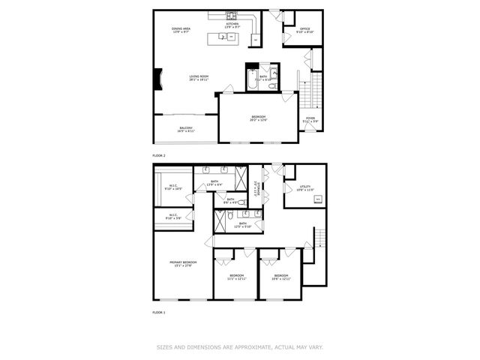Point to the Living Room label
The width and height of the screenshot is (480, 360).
[199, 77]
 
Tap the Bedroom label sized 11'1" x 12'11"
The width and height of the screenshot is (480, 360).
[237, 277]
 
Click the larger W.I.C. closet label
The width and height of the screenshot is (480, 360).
[172, 187]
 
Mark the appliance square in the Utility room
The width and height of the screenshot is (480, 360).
[316, 199]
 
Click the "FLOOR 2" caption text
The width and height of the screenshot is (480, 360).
[159, 155]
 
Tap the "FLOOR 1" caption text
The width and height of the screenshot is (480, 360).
[159, 312]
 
